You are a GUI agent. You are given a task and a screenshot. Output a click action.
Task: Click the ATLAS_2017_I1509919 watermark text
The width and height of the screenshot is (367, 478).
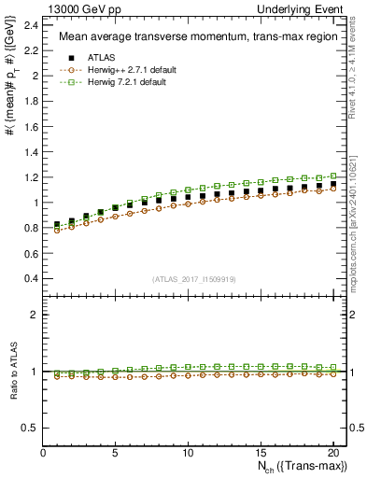(192, 279)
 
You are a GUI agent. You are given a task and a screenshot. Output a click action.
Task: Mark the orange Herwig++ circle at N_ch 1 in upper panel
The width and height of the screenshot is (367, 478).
(58, 229)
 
